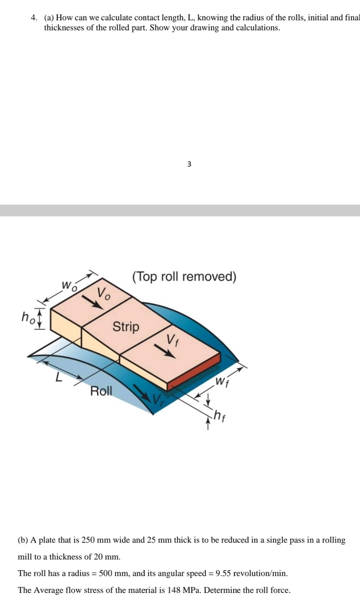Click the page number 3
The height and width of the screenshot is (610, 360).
(189, 164)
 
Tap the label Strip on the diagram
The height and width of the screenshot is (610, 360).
(126, 326)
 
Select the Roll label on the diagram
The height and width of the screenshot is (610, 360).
(101, 391)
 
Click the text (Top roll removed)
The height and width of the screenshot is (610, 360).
(184, 277)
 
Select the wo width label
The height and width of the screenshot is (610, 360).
(69, 285)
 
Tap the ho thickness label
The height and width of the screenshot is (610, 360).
(28, 317)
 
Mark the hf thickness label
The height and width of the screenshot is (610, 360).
(219, 415)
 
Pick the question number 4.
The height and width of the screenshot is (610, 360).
(34, 17)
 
